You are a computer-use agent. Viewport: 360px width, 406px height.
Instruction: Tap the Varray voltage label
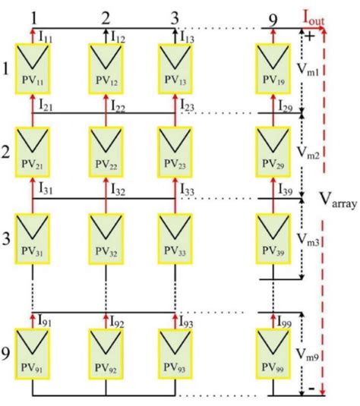pyautogui.click(x=336, y=201)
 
